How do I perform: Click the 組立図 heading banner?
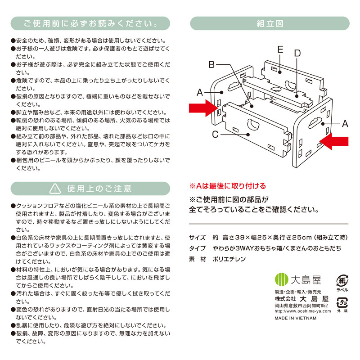click(x=270, y=23)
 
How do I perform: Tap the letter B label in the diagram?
click(x=211, y=64)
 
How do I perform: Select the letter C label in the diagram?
click(x=215, y=134)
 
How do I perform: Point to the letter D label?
click(x=297, y=53)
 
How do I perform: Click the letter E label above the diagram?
click(x=280, y=49)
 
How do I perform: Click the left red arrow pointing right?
click(x=203, y=108)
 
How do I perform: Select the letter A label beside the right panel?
click(x=345, y=124)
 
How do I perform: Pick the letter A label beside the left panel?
click(x=200, y=93)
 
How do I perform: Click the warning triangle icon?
click(x=55, y=189)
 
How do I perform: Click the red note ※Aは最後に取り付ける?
click(x=228, y=186)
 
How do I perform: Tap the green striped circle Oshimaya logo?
click(x=282, y=279)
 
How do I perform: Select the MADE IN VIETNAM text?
click(x=296, y=318)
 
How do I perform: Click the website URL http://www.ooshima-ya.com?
click(x=303, y=311)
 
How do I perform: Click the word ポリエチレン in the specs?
click(x=229, y=259)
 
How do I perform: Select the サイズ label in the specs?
click(x=197, y=238)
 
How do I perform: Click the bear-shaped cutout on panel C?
click(x=253, y=125)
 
